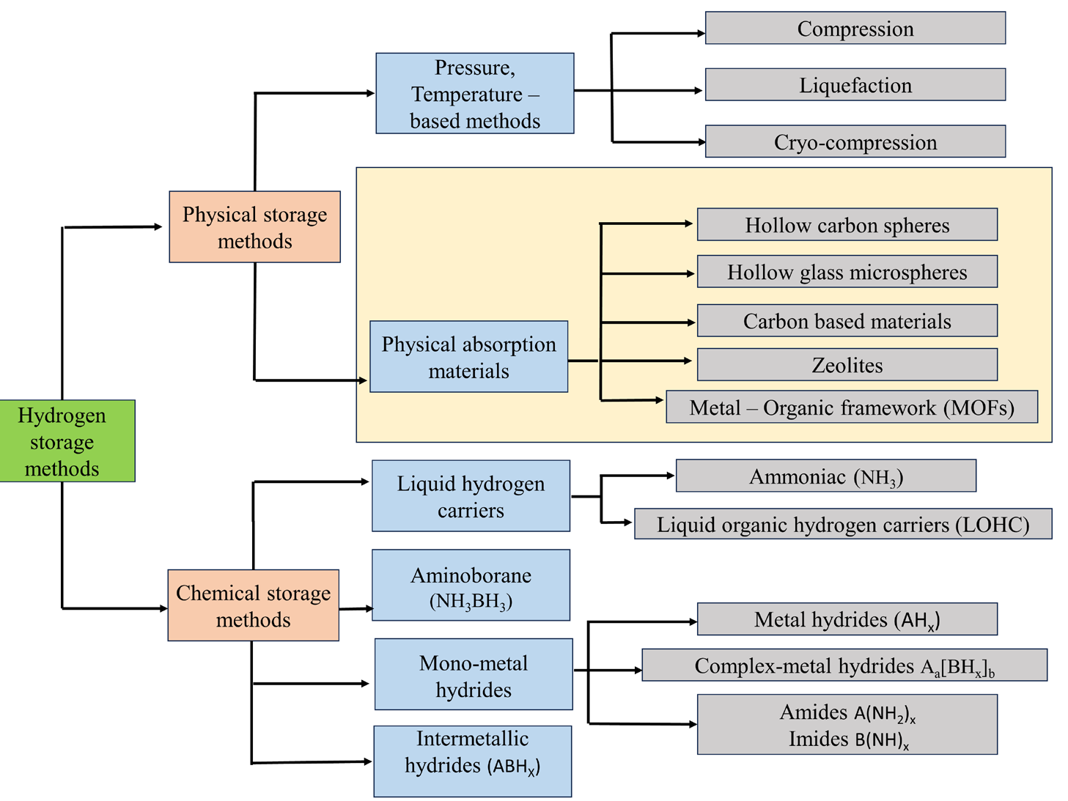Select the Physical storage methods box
[254, 227]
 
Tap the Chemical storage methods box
[253, 605]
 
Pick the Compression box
[855, 29]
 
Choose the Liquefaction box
[855, 85]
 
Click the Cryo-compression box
[855, 141]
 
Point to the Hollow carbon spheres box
[847, 225]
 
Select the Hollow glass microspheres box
[847, 272]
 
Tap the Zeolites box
[847, 365]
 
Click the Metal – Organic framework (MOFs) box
[851, 407]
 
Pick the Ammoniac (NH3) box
[825, 476]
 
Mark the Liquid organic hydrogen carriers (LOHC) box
[842, 524]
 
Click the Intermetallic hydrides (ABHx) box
[472, 761]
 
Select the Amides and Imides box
[847, 725]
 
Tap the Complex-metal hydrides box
[844, 665]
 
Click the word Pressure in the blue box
[474, 67]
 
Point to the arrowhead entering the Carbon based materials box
[691, 322]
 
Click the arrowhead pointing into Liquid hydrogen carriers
[366, 481]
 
